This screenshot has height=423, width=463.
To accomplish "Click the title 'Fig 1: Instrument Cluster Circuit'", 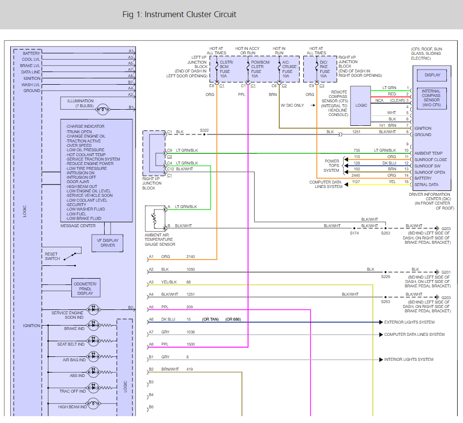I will (179, 14).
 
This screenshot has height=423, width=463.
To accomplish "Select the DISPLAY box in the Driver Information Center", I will (432, 75).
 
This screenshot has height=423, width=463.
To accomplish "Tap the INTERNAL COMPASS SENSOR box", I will (432, 98).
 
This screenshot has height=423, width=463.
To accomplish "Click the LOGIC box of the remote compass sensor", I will (361, 105).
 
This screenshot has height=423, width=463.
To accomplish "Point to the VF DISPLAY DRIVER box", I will (107, 242).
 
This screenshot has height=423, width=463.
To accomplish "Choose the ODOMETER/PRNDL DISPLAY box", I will (85, 288).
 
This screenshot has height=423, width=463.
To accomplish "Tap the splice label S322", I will (204, 130).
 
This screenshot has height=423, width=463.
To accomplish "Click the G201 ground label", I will (445, 272).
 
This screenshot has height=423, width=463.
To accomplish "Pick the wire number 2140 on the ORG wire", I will (191, 257).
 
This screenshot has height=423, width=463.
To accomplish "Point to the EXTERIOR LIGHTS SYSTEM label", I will (409, 322).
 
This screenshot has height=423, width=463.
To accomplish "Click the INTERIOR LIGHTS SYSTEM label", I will (409, 359).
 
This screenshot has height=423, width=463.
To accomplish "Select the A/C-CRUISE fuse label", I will (289, 69).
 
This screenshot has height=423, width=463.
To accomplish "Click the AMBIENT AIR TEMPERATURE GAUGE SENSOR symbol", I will (156, 218).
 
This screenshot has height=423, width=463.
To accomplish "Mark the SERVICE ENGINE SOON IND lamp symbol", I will (93, 309).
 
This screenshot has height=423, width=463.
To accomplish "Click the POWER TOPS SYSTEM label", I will (331, 165).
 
